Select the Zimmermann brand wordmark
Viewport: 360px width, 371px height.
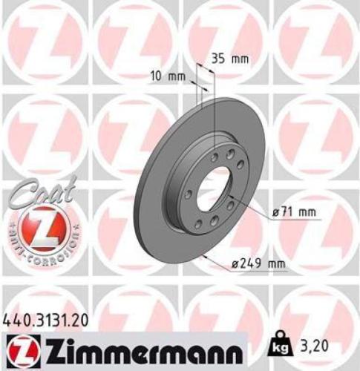(137, 347)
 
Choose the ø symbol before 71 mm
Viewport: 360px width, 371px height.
(275, 214)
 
